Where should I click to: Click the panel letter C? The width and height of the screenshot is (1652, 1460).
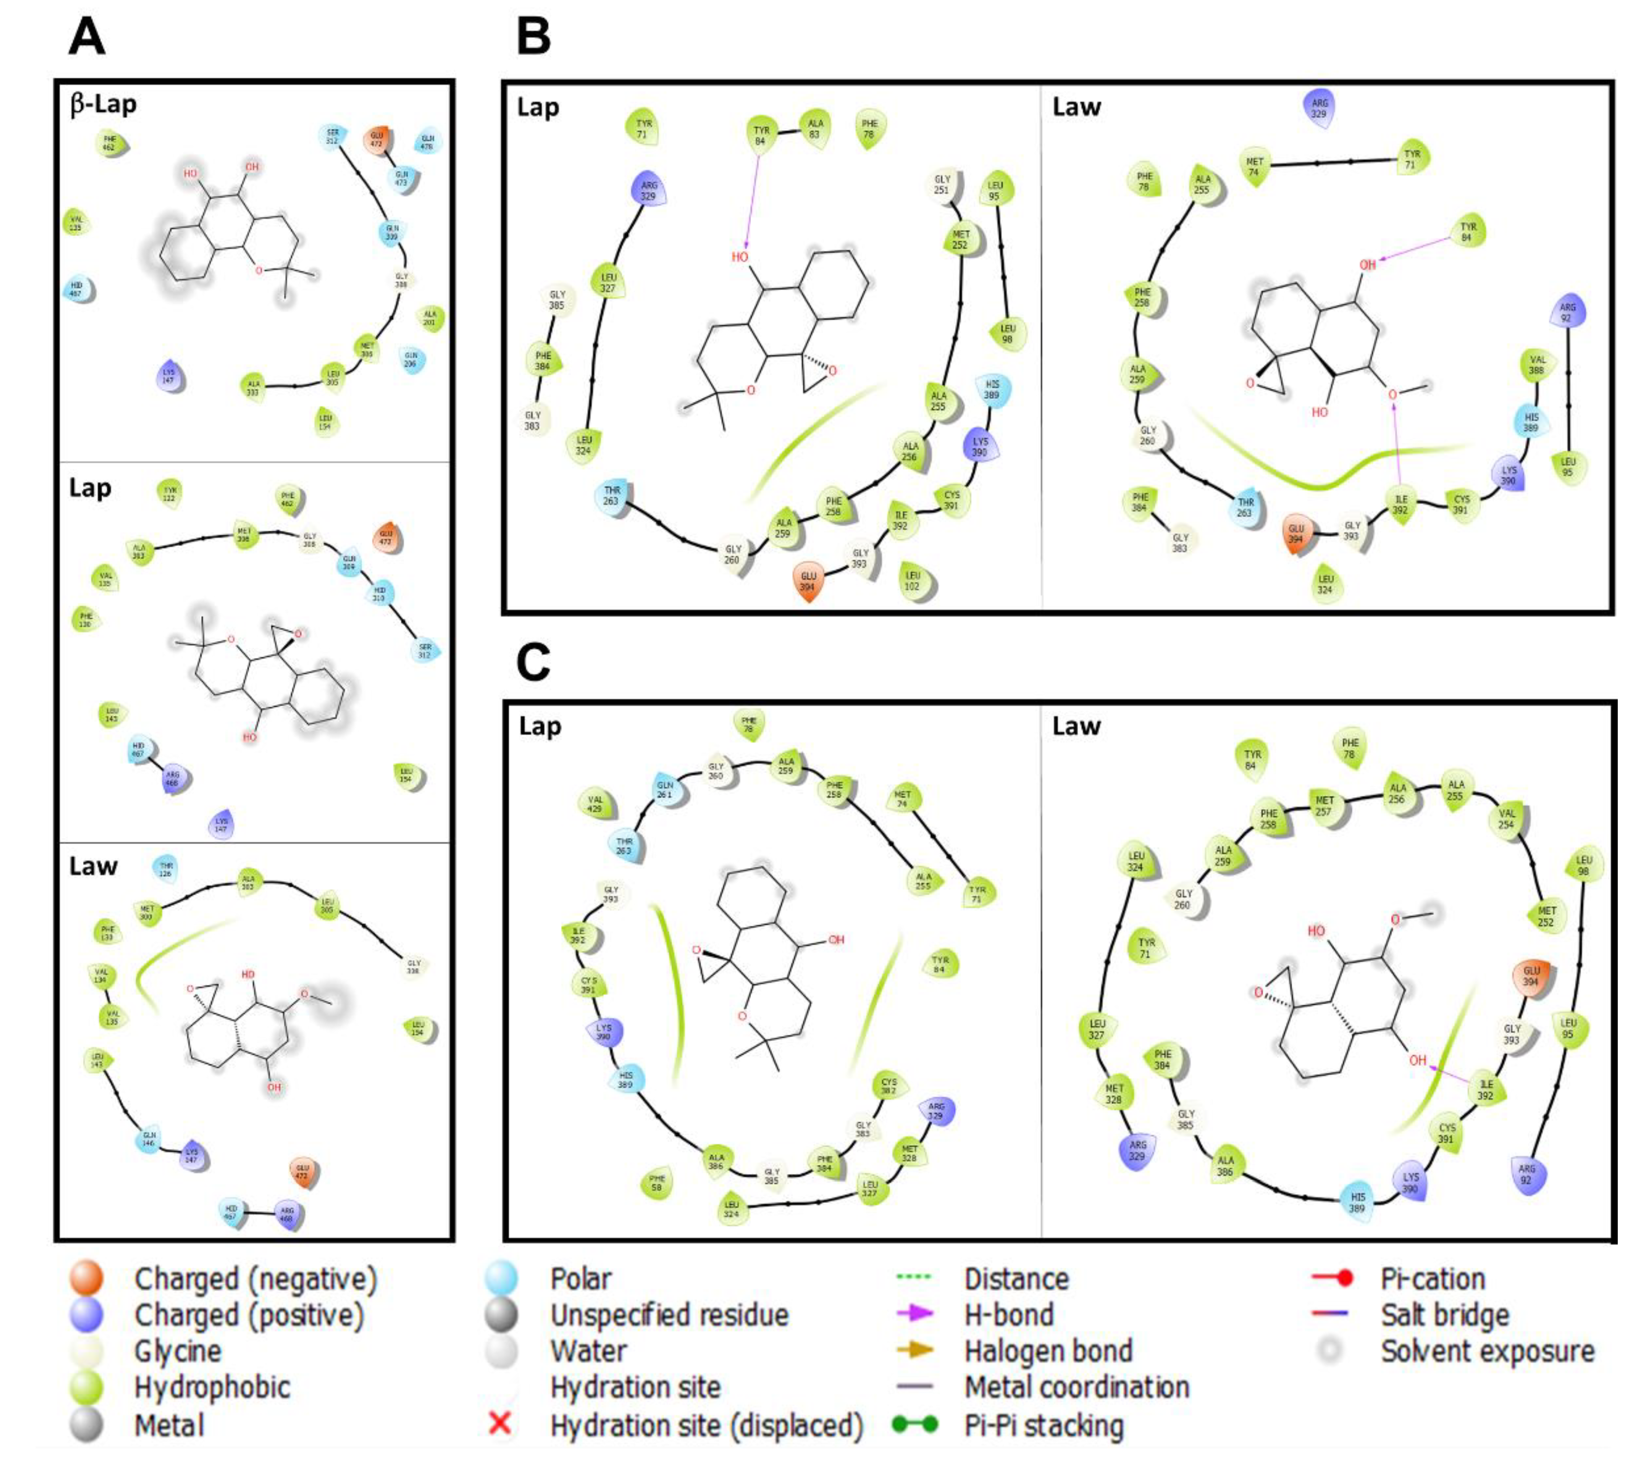coord(533,663)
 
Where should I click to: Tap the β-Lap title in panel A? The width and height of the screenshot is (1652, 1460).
coord(103,105)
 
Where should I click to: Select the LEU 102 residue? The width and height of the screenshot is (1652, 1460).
coord(913,580)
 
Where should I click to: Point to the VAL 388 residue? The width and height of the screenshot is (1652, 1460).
coord(1536,365)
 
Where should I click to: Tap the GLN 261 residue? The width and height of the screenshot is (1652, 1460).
coord(665,790)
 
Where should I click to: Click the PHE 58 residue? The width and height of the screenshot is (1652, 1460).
coord(657,1184)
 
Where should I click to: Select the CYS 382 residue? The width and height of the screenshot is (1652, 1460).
coord(888,1087)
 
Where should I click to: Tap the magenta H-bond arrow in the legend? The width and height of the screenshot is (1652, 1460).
coord(915,1314)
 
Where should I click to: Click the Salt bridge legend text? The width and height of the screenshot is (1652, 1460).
coord(1444,1314)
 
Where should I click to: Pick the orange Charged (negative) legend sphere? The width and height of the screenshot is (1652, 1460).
coord(87,1278)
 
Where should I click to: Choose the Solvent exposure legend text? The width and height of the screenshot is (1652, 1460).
coord(1487,1351)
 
